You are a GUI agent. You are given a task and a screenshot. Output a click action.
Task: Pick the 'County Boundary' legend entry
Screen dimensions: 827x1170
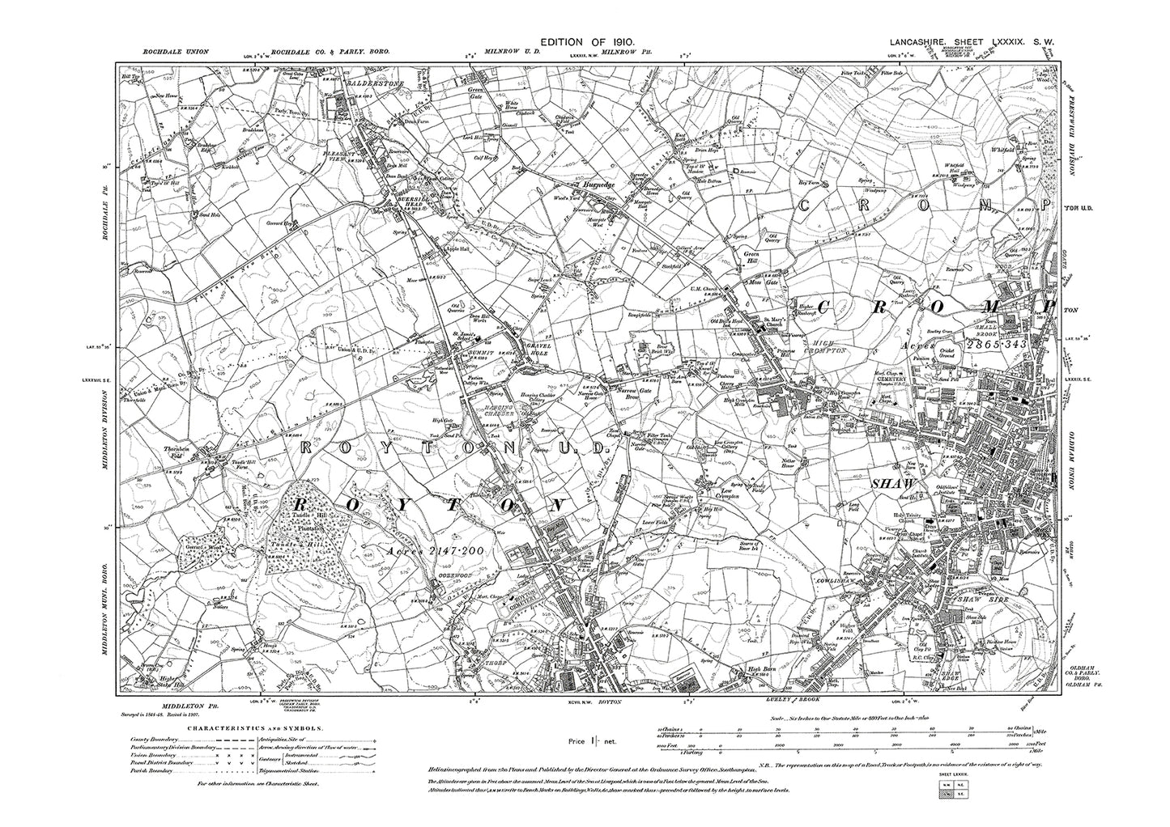(x=150, y=736)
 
